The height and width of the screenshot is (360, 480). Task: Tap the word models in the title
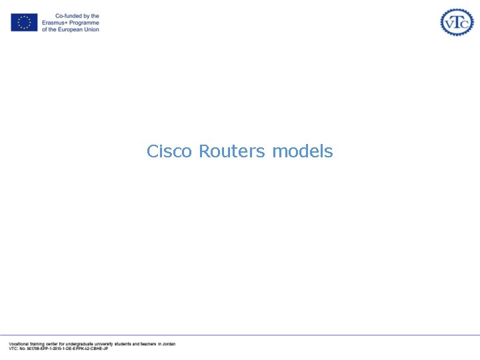tap(302, 151)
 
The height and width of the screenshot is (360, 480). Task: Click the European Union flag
tap(24, 23)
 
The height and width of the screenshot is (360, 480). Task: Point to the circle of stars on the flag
tap(24, 23)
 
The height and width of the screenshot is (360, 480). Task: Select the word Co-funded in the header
tap(65, 16)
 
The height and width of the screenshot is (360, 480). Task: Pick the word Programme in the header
tap(83, 23)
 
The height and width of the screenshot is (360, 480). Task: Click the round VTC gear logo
tap(457, 22)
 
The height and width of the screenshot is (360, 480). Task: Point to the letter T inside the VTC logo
tap(457, 21)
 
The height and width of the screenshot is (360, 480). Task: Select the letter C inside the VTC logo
tap(465, 23)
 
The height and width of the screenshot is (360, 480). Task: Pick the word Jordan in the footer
tap(169, 344)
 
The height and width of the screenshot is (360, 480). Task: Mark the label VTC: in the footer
tap(13, 349)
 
